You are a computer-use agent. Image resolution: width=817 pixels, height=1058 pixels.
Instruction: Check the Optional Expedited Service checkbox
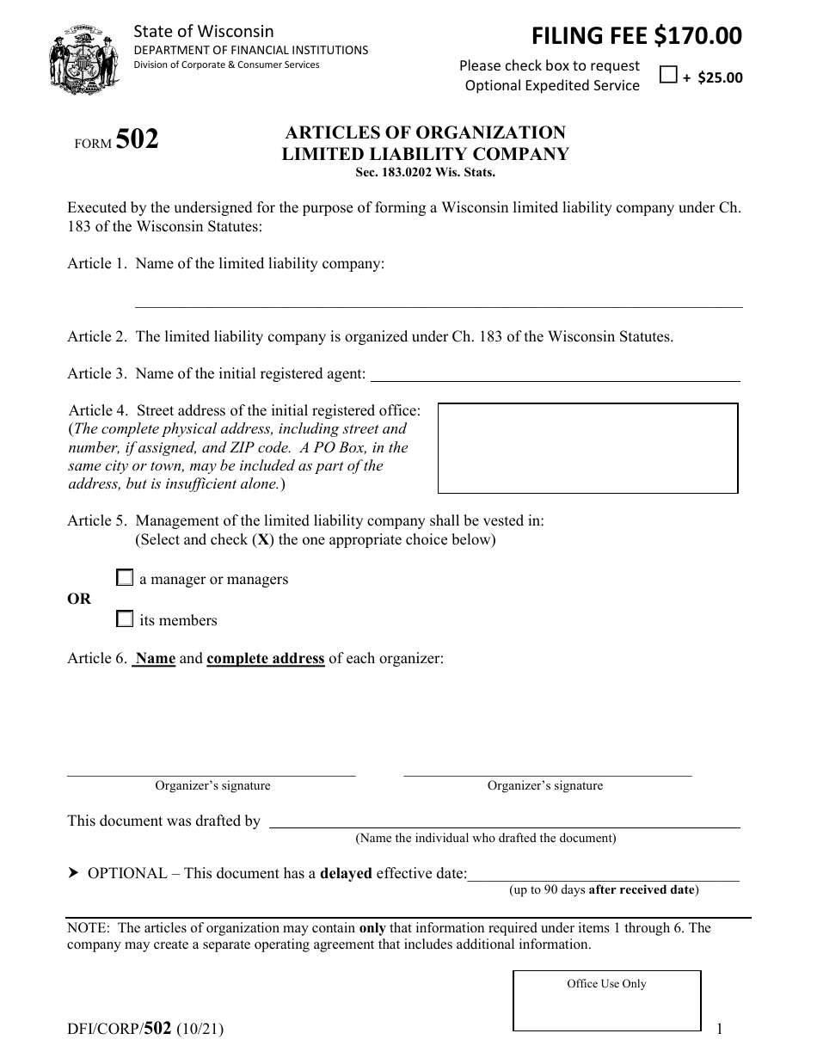[668, 75]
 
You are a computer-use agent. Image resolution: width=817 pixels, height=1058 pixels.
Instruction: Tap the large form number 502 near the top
[137, 139]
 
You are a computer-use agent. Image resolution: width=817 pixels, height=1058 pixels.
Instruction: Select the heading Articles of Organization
[426, 132]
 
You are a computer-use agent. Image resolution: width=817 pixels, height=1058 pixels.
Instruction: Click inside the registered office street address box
[588, 448]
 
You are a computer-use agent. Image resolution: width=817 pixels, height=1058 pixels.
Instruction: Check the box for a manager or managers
[126, 578]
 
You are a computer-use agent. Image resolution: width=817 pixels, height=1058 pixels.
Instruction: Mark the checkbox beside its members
[126, 618]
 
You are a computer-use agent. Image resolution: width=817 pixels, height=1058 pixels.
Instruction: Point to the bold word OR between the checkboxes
[79, 599]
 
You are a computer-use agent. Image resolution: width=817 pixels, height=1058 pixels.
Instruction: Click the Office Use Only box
[606, 1001]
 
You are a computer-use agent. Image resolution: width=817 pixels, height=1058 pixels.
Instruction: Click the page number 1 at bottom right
[721, 1028]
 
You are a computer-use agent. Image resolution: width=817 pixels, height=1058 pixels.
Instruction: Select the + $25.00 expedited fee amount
[713, 77]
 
